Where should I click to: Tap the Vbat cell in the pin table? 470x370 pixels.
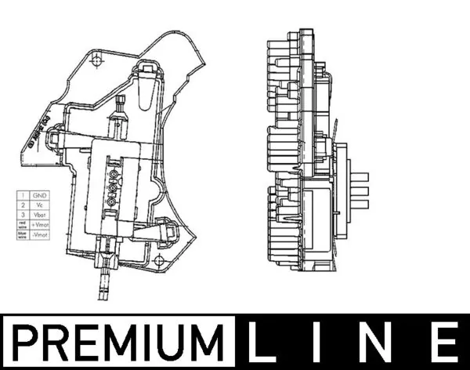click(x=40, y=213)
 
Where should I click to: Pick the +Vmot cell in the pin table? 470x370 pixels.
click(x=40, y=224)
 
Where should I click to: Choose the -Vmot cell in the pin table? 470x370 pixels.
click(x=40, y=234)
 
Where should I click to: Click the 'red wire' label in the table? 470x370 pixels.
click(x=23, y=224)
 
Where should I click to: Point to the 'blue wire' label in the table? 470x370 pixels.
click(x=23, y=234)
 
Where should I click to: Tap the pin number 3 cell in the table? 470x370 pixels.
click(x=23, y=213)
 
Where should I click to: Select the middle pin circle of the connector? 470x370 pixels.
click(x=112, y=187)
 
